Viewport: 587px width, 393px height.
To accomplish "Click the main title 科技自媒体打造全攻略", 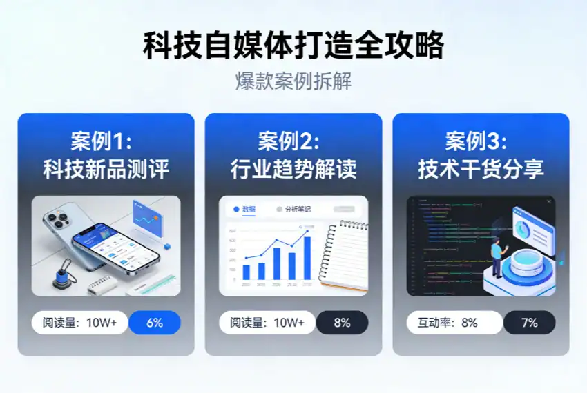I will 293,46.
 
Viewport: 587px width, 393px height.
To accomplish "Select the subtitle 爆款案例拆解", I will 293,81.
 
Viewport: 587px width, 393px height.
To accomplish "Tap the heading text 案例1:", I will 101,141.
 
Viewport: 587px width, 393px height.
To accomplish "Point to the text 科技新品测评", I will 106,169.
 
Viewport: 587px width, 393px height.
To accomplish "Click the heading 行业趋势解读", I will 293,169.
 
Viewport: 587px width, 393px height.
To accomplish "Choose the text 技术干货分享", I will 481,169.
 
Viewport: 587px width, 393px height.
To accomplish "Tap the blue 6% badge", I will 154,323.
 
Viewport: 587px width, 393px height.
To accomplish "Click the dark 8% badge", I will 342,323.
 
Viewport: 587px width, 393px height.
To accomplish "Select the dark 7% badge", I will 529,323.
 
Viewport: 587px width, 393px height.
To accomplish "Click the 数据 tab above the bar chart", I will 245,209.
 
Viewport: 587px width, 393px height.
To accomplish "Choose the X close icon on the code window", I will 549,201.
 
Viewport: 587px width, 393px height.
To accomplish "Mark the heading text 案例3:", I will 476,141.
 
